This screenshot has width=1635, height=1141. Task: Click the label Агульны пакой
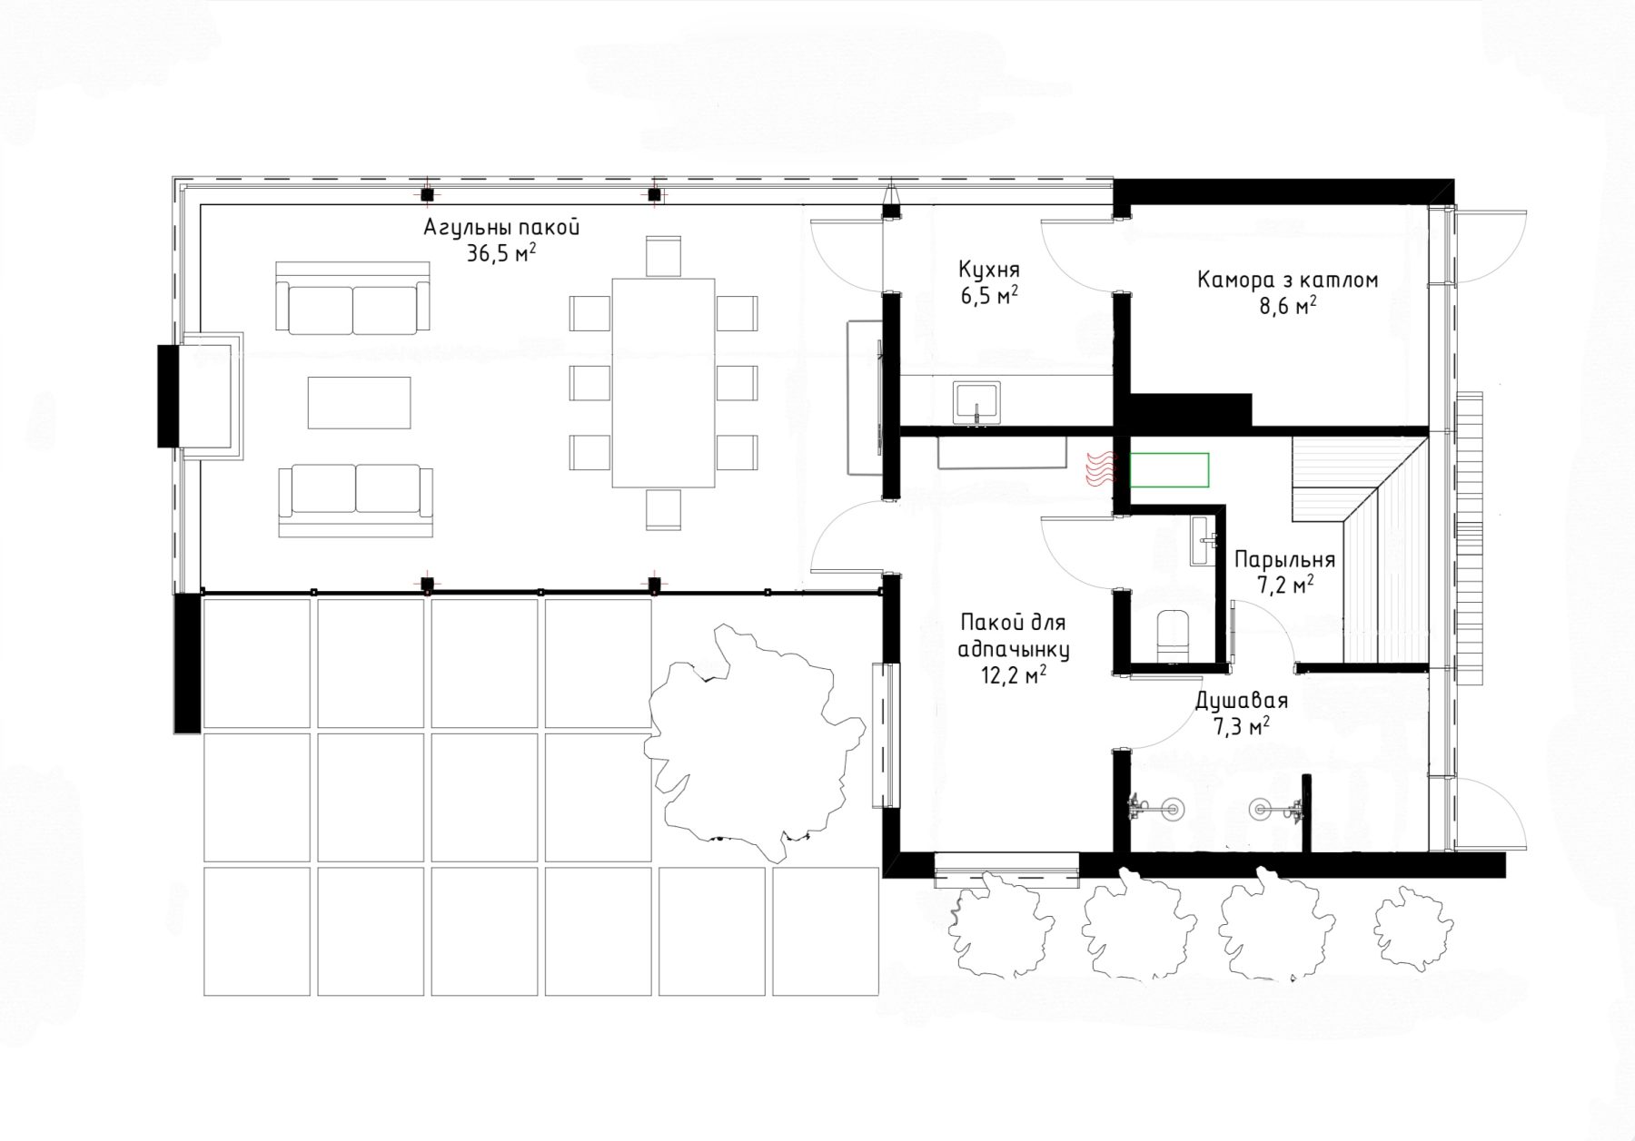click(x=501, y=228)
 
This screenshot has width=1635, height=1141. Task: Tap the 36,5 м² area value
click(x=500, y=253)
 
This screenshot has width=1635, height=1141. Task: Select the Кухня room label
click(x=989, y=270)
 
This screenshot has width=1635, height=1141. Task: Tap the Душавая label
click(x=1240, y=701)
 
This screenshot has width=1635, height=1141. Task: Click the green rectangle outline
click(x=1170, y=468)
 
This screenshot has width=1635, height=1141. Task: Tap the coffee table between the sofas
click(x=360, y=402)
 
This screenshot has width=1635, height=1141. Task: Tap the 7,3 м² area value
click(x=1241, y=726)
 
